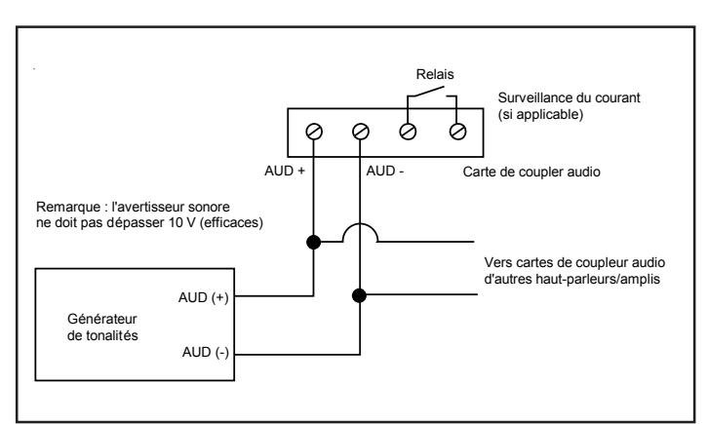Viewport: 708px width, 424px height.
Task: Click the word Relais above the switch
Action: point(435,74)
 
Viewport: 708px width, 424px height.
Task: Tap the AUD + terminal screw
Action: point(314,132)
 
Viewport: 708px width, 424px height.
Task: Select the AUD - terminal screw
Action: point(360,132)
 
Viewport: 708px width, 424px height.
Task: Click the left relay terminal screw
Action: point(408,132)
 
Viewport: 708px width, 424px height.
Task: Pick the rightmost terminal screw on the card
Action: point(457,132)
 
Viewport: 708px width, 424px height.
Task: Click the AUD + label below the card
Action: point(285,171)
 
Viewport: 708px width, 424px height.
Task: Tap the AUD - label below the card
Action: point(385,171)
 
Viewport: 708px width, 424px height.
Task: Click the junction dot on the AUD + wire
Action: point(313,243)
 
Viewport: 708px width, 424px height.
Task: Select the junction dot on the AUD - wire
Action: point(359,295)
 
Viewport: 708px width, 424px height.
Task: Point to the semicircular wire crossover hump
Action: point(360,224)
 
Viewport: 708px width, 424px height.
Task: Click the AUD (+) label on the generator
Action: point(203,297)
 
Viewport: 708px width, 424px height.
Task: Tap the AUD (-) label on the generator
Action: point(206,352)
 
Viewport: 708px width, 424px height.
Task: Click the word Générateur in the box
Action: point(102,319)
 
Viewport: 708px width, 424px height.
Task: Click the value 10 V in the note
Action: point(182,223)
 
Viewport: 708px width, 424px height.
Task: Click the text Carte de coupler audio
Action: point(531,172)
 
